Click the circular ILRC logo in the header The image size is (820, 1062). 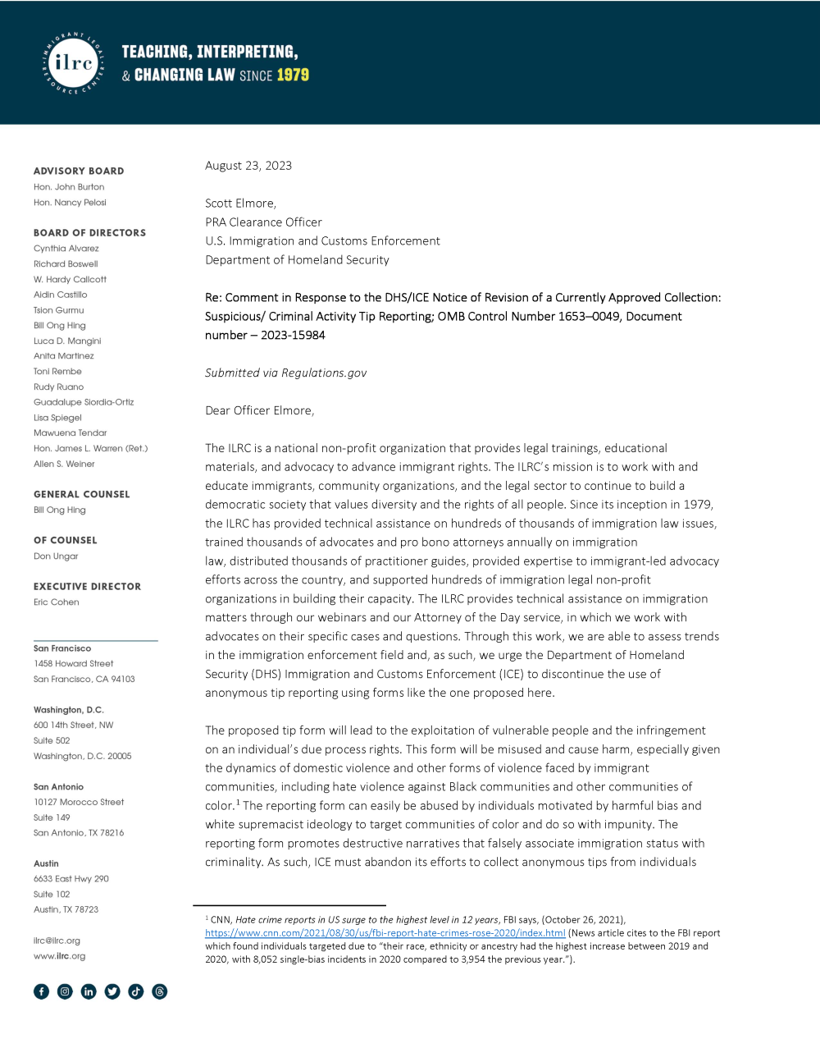click(x=73, y=63)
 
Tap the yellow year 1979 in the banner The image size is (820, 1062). click(x=293, y=76)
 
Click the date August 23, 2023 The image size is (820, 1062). click(x=248, y=166)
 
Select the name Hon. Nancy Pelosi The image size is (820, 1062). click(x=70, y=203)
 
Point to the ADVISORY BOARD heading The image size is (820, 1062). click(x=79, y=171)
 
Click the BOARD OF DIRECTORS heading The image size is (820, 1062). click(x=89, y=233)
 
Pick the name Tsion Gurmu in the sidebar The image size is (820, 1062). click(x=59, y=310)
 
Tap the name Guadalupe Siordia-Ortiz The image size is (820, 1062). click(x=84, y=402)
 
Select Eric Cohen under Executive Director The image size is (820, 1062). click(x=57, y=602)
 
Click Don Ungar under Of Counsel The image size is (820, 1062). click(x=56, y=556)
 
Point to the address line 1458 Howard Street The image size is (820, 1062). click(x=74, y=664)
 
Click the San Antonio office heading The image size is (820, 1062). click(x=58, y=787)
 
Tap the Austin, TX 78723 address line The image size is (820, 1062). click(x=66, y=909)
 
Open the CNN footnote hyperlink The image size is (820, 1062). click(x=385, y=933)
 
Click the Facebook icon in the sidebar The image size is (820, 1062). click(x=42, y=991)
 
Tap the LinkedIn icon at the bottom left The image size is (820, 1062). click(x=89, y=991)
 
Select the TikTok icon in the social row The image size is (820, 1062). click(x=136, y=991)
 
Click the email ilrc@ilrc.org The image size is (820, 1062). click(x=57, y=941)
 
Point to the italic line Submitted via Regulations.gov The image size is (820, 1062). click(x=285, y=373)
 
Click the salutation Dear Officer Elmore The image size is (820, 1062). click(x=259, y=410)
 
